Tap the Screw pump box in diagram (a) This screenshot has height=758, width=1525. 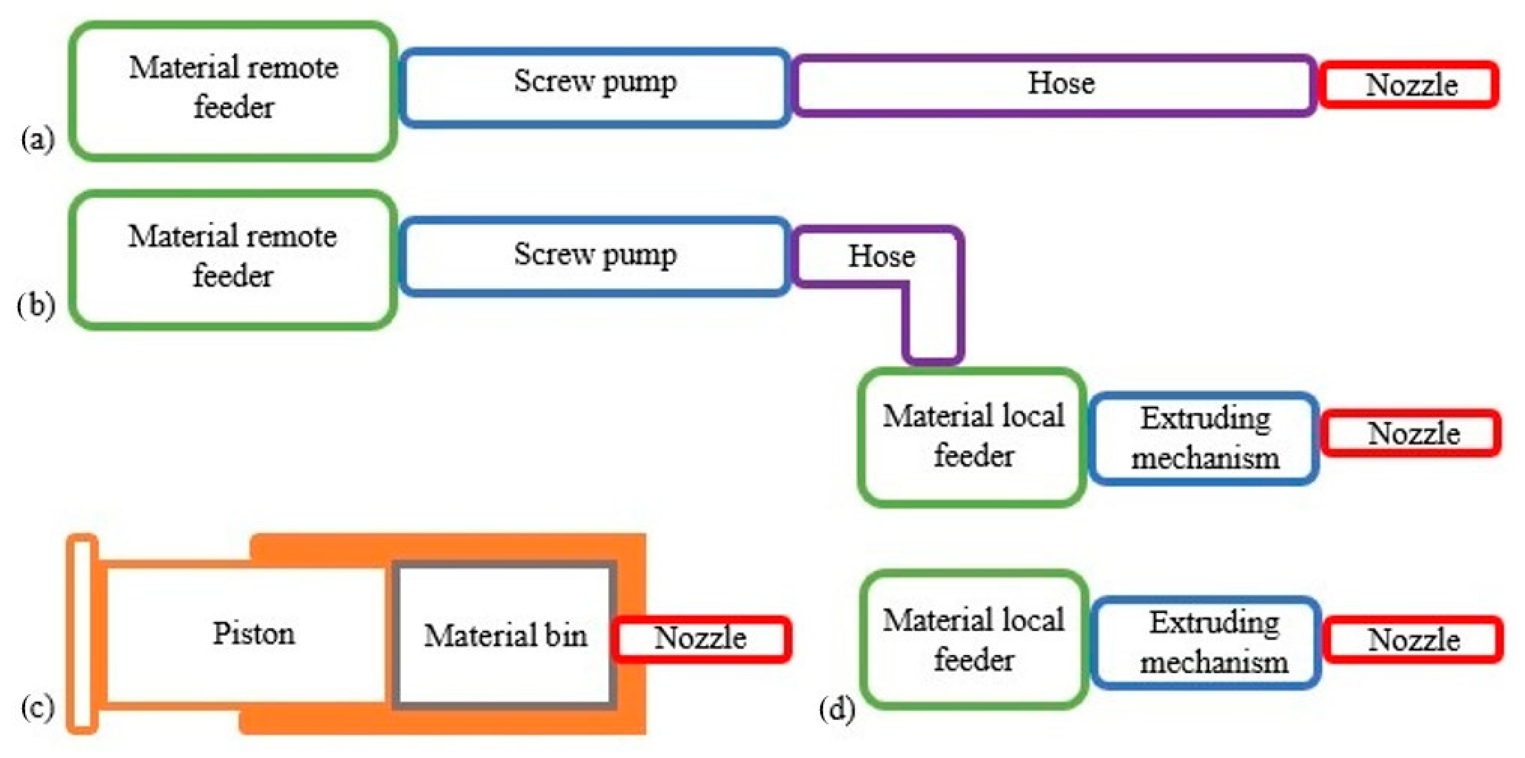click(595, 87)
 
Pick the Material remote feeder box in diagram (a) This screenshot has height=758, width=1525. click(233, 91)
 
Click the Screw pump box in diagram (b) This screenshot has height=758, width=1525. click(595, 256)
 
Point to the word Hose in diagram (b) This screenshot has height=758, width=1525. click(881, 256)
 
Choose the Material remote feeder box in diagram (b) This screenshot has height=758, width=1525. click(233, 259)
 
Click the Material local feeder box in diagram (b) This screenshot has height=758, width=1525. click(972, 437)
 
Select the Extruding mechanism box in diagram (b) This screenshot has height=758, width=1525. click(1204, 438)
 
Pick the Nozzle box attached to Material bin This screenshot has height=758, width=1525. click(701, 638)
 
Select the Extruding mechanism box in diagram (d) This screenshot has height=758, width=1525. click(1206, 642)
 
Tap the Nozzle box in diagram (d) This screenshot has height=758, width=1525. click(1413, 639)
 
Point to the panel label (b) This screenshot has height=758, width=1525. click(36, 306)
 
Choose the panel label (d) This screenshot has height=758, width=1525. click(837, 709)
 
